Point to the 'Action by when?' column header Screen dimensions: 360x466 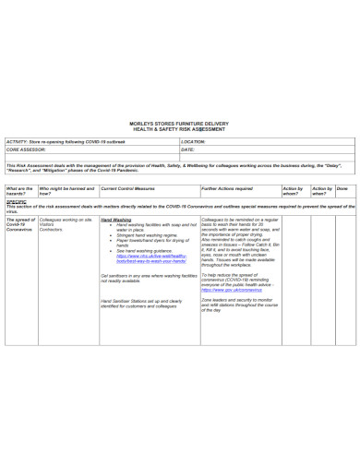tap(320, 190)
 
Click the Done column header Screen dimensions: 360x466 tap(342, 187)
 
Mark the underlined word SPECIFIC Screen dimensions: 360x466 tap(16, 200)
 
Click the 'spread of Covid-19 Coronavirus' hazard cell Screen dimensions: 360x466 tap(20, 227)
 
